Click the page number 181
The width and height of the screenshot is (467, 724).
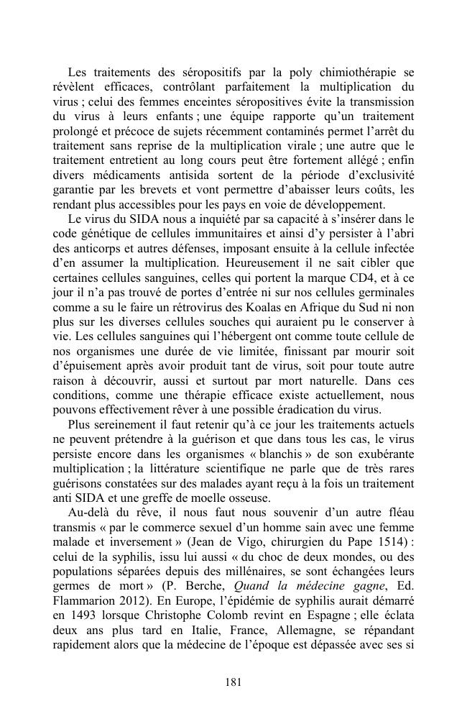click(233, 682)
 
